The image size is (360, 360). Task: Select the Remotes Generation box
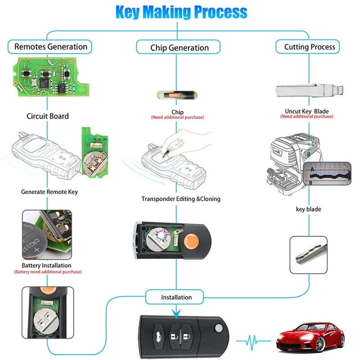click(x=50, y=46)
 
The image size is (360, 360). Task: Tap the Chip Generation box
click(x=179, y=48)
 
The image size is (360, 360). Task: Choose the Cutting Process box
click(x=309, y=47)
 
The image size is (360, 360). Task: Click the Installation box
click(x=176, y=297)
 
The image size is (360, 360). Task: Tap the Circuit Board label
click(x=48, y=116)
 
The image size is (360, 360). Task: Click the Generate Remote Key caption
click(x=49, y=192)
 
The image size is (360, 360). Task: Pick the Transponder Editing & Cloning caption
click(x=181, y=198)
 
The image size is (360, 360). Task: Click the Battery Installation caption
click(x=46, y=265)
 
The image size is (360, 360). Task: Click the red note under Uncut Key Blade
click(x=306, y=117)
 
